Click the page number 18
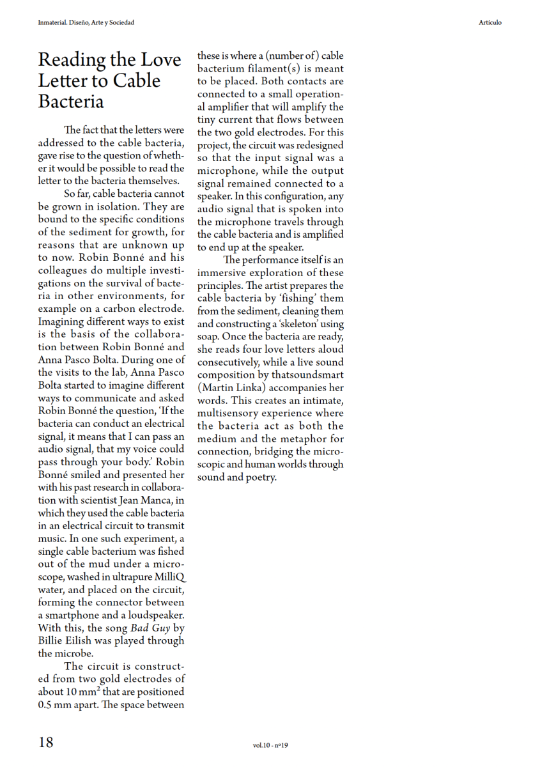[46, 743]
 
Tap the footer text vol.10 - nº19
[271, 745]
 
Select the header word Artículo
[490, 23]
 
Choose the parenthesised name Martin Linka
[233, 388]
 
